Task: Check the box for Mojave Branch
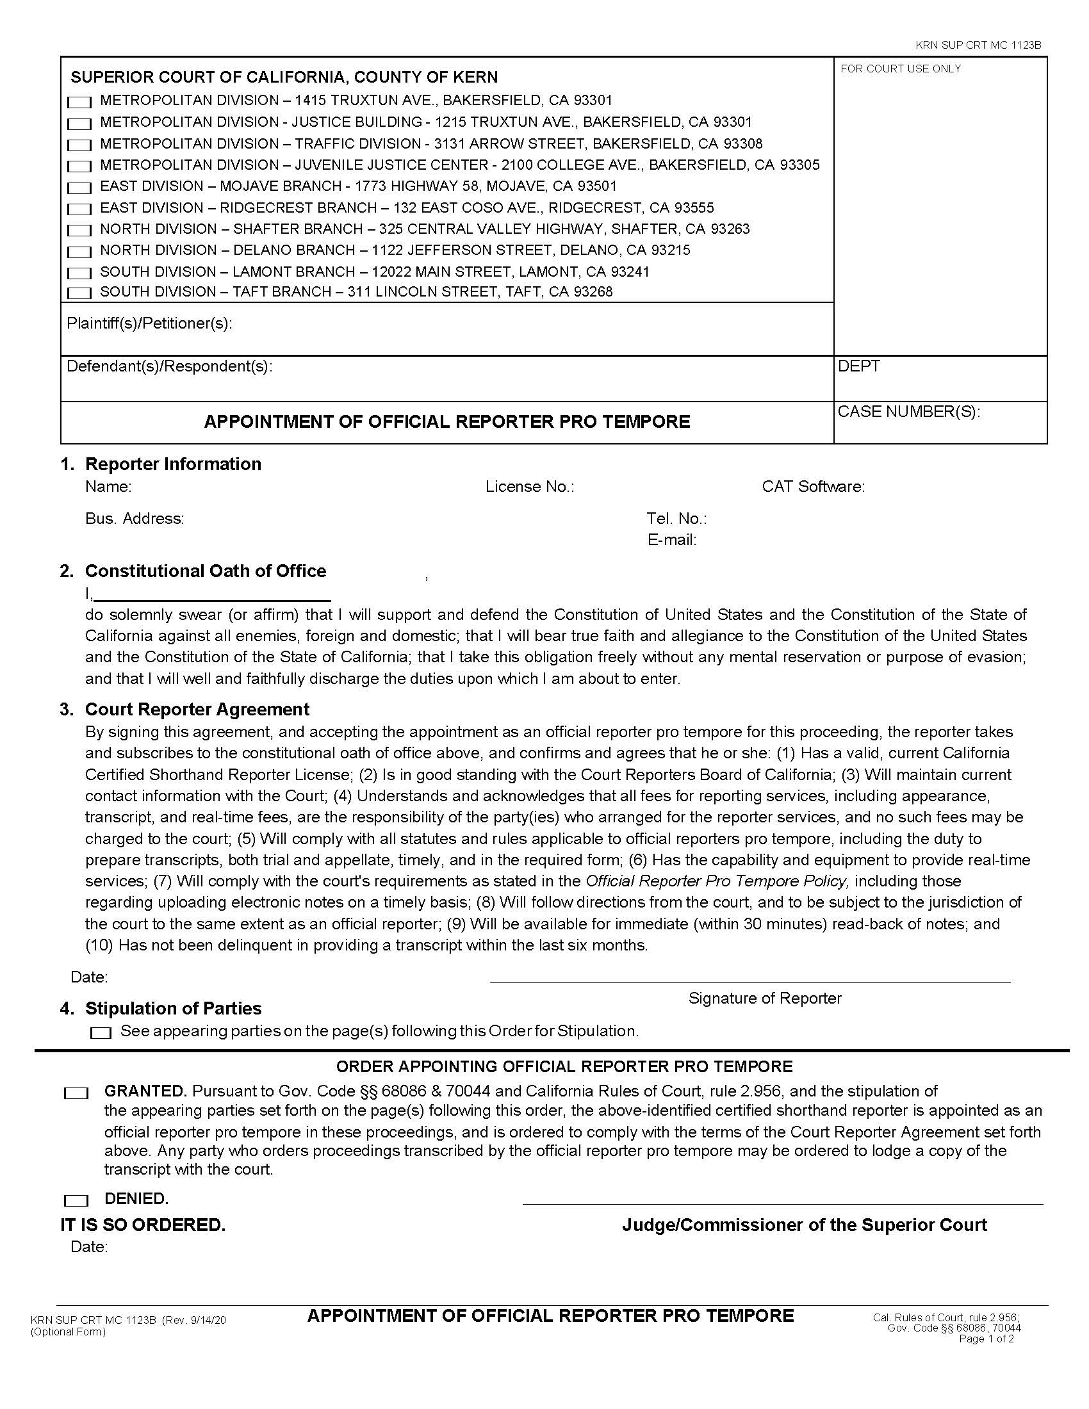point(79,188)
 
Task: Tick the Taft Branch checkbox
point(79,293)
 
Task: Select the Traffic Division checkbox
point(79,145)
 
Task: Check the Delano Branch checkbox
point(79,252)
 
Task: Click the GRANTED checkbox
point(76,1093)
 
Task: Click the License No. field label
point(530,487)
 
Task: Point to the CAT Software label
point(813,487)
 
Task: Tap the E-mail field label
point(671,541)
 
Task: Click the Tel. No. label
point(676,519)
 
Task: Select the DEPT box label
point(858,366)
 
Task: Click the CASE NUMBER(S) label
point(908,412)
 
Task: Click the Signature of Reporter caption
point(764,998)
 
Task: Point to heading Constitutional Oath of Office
point(205,571)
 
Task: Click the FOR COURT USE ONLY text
point(900,69)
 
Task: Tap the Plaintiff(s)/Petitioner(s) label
point(149,324)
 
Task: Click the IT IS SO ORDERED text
point(143,1225)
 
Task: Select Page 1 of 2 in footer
point(987,1339)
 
